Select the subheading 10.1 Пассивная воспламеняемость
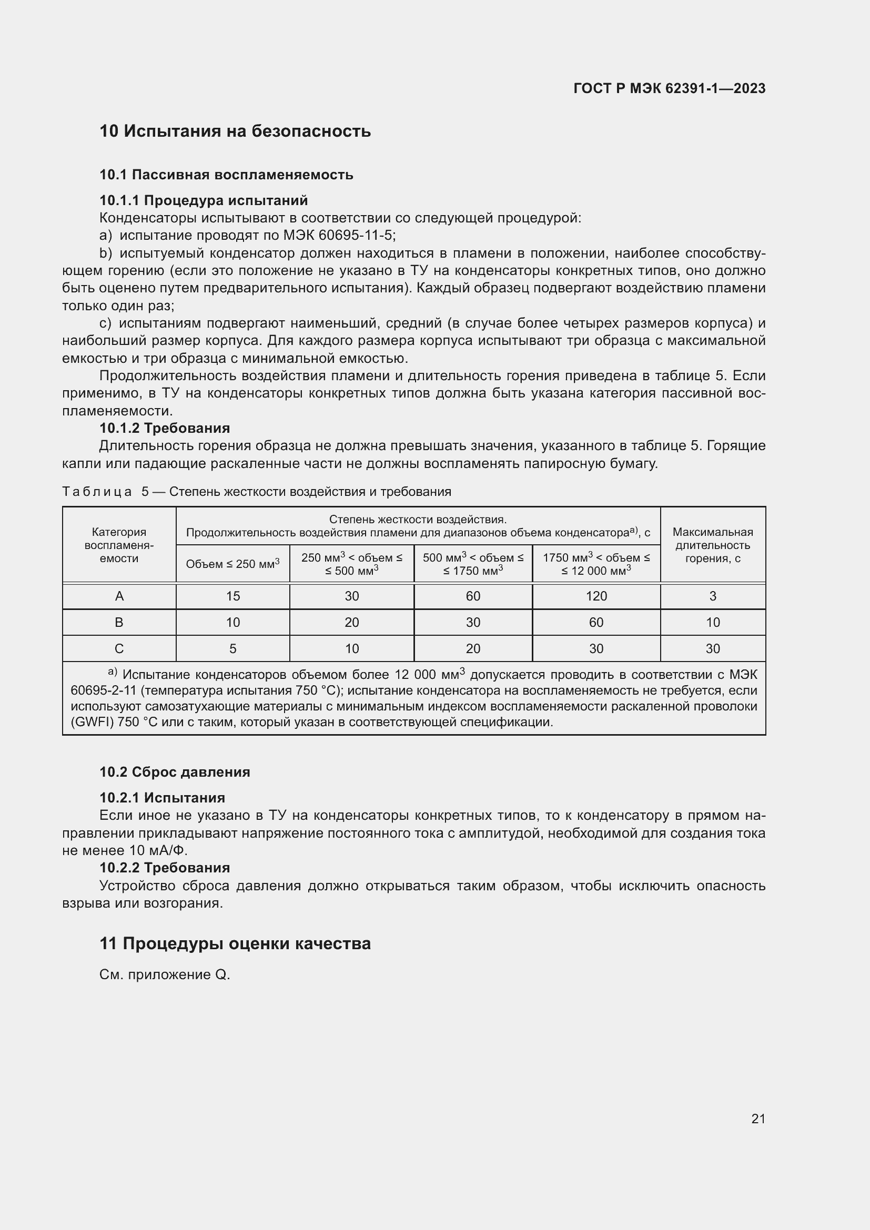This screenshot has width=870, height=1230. [226, 175]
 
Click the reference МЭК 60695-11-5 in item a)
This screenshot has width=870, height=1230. [335, 235]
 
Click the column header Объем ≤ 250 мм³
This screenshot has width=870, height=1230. [232, 564]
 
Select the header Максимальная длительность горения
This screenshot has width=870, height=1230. [712, 545]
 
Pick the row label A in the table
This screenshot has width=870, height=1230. [119, 596]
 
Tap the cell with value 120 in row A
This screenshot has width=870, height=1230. [596, 596]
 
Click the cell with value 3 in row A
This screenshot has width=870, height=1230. [712, 596]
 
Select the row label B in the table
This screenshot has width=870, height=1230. [119, 623]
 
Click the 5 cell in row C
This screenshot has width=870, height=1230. [232, 649]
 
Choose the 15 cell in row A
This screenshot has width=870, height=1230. [232, 596]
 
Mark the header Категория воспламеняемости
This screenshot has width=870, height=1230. [119, 545]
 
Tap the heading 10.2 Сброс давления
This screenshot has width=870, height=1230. [175, 772]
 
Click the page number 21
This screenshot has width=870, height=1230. [758, 1119]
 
